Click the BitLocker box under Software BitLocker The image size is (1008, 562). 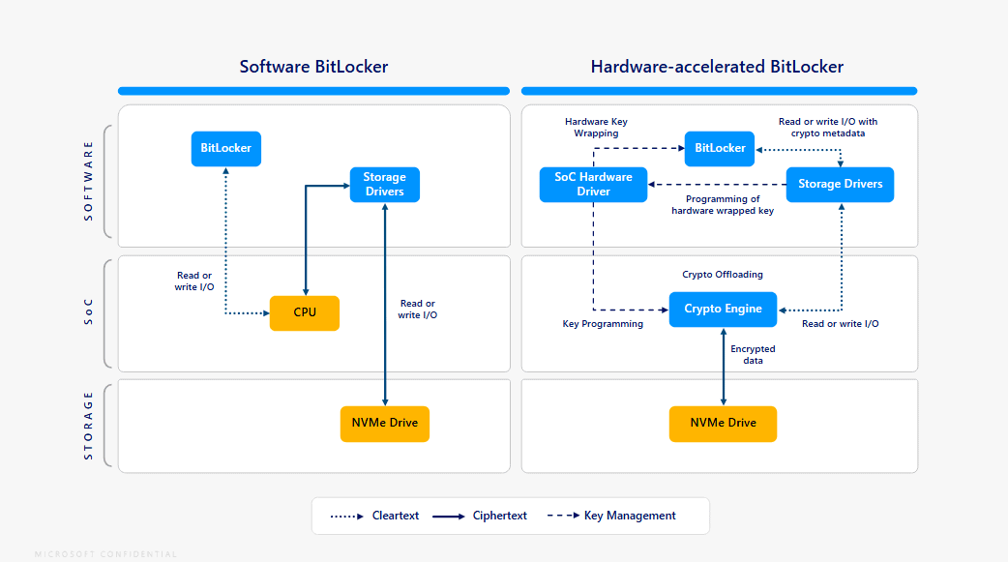[225, 149]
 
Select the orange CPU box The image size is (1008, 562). [305, 312]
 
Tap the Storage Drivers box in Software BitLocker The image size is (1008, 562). [384, 184]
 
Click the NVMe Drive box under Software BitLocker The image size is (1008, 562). [385, 424]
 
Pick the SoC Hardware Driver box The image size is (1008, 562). [593, 184]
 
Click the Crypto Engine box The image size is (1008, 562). [723, 310]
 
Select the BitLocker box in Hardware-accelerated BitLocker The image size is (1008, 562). [720, 148]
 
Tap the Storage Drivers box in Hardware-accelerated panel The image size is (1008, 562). [840, 184]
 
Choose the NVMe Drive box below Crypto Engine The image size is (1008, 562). [723, 424]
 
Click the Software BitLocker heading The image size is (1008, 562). [313, 67]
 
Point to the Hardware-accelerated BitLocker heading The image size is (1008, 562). [717, 67]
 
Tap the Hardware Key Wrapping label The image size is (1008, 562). [596, 127]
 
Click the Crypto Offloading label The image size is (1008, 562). [723, 275]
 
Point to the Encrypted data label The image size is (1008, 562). [753, 354]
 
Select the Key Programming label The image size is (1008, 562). [603, 324]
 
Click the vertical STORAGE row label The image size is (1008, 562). [89, 425]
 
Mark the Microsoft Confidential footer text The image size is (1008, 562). [105, 554]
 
